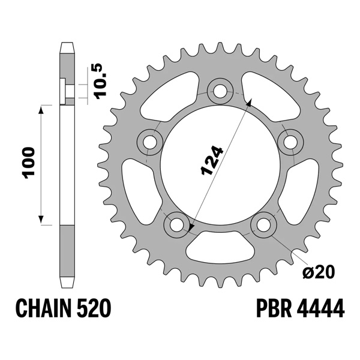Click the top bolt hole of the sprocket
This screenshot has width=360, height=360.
coord(220,91)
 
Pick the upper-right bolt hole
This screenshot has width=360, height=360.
coord(291,142)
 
